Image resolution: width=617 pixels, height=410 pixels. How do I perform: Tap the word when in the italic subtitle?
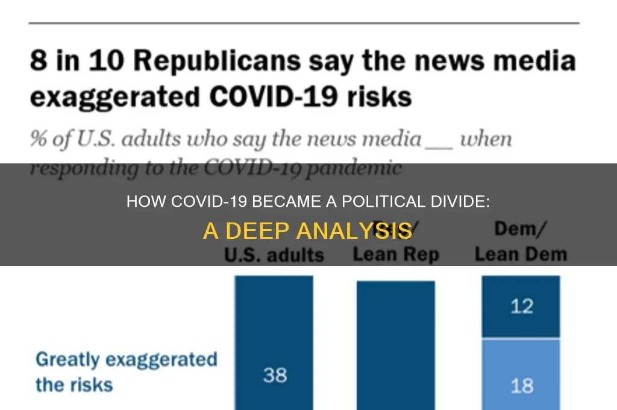[x=486, y=139]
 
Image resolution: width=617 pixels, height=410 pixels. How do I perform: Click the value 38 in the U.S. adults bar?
[x=275, y=375]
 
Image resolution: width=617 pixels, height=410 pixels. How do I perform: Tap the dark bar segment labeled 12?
[x=521, y=307]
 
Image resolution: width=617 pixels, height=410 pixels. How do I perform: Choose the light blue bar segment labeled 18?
[x=521, y=374]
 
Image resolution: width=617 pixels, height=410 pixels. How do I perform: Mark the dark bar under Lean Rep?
[x=395, y=344]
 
